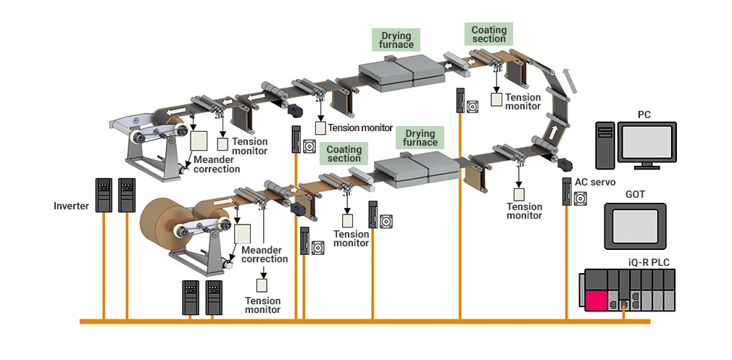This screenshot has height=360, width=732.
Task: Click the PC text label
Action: pyautogui.click(x=644, y=114)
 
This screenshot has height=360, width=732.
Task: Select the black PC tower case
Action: pyautogui.click(x=605, y=146)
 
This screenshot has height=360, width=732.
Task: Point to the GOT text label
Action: pyautogui.click(x=635, y=195)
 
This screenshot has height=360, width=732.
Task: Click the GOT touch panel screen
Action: pyautogui.click(x=634, y=226)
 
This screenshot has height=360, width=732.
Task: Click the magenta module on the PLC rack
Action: pyautogui.click(x=598, y=300)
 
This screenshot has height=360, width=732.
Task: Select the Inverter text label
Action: pyautogui.click(x=71, y=206)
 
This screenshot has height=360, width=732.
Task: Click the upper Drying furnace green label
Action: pyautogui.click(x=396, y=40)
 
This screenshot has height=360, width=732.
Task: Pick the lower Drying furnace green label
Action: pyautogui.click(x=420, y=138)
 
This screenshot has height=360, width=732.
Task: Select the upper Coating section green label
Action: pyautogui.click(x=488, y=34)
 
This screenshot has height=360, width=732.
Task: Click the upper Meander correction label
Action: pyautogui.click(x=217, y=164)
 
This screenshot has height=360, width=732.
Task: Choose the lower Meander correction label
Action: pyautogui.click(x=265, y=254)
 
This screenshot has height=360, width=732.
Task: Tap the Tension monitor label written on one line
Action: pyautogui.click(x=360, y=127)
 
